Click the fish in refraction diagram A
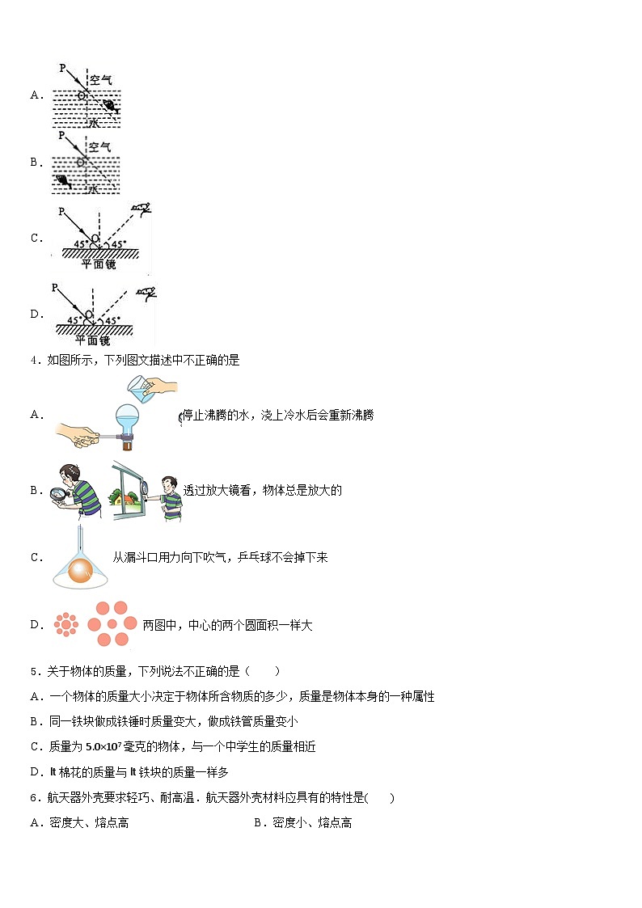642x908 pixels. (110, 106)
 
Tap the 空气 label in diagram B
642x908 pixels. (100, 147)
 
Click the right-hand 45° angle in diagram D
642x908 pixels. (112, 320)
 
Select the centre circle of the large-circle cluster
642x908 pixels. (112, 625)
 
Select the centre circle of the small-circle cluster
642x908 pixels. (65, 624)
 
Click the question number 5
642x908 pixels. (33, 671)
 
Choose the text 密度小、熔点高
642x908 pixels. (312, 823)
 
